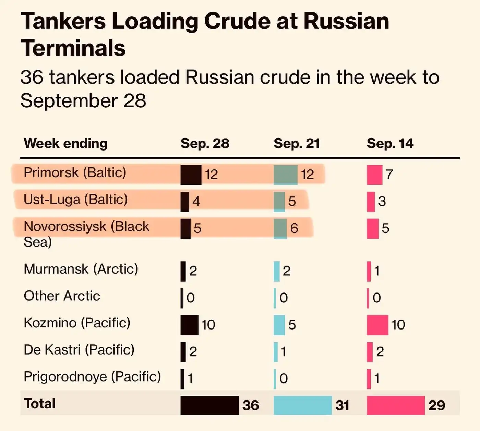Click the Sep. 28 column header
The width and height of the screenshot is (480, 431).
tap(205, 143)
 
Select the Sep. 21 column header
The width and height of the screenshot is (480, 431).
tap(297, 143)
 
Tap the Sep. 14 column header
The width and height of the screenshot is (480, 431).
tap(390, 143)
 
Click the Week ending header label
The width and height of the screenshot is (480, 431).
tap(65, 143)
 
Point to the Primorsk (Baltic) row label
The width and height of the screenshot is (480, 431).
tap(75, 172)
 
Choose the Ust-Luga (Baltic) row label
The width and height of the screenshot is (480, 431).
tap(75, 199)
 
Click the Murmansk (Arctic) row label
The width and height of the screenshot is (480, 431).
tap(81, 269)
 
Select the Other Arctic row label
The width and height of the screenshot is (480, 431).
tap(62, 296)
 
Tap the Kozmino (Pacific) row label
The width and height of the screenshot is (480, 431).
tap(77, 323)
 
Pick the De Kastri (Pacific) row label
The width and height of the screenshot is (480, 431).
tap(79, 350)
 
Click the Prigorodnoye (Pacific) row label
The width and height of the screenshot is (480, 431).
tap(92, 376)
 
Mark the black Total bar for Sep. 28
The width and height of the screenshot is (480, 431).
tap(209, 405)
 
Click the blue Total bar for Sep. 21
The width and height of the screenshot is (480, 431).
tap(302, 405)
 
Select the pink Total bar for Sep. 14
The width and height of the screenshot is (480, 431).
tap(396, 405)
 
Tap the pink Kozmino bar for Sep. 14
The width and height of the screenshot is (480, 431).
tap(377, 325)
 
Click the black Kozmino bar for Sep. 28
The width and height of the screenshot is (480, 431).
tap(189, 325)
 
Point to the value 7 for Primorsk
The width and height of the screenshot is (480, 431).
tap(389, 175)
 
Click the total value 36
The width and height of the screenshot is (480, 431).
tap(251, 405)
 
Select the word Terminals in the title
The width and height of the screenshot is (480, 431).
tap(73, 48)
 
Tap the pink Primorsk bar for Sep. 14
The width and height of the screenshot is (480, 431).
tap(374, 175)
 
